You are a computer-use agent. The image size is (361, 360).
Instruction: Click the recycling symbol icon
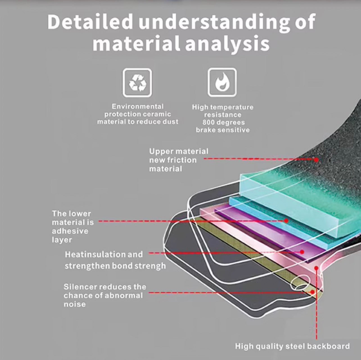(x=137, y=83)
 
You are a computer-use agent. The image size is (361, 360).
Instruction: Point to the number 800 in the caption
(x=209, y=122)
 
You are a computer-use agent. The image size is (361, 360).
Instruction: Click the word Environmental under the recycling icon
(x=138, y=106)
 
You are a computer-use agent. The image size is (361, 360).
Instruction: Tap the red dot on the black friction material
(x=316, y=160)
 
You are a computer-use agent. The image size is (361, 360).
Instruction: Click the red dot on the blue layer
(x=286, y=221)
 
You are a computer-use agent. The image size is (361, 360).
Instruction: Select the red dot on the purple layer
(x=302, y=252)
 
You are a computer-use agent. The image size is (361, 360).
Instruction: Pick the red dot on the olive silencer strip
(x=312, y=292)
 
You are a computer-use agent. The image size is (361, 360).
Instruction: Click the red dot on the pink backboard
(x=316, y=268)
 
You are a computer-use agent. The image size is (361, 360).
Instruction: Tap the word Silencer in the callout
(x=80, y=287)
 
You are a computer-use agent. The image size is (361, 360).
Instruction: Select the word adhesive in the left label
(x=70, y=231)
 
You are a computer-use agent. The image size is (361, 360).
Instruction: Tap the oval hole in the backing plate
(x=299, y=284)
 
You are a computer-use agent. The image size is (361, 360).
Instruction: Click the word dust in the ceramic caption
(x=170, y=122)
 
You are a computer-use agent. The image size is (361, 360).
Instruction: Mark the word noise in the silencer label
(x=75, y=304)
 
